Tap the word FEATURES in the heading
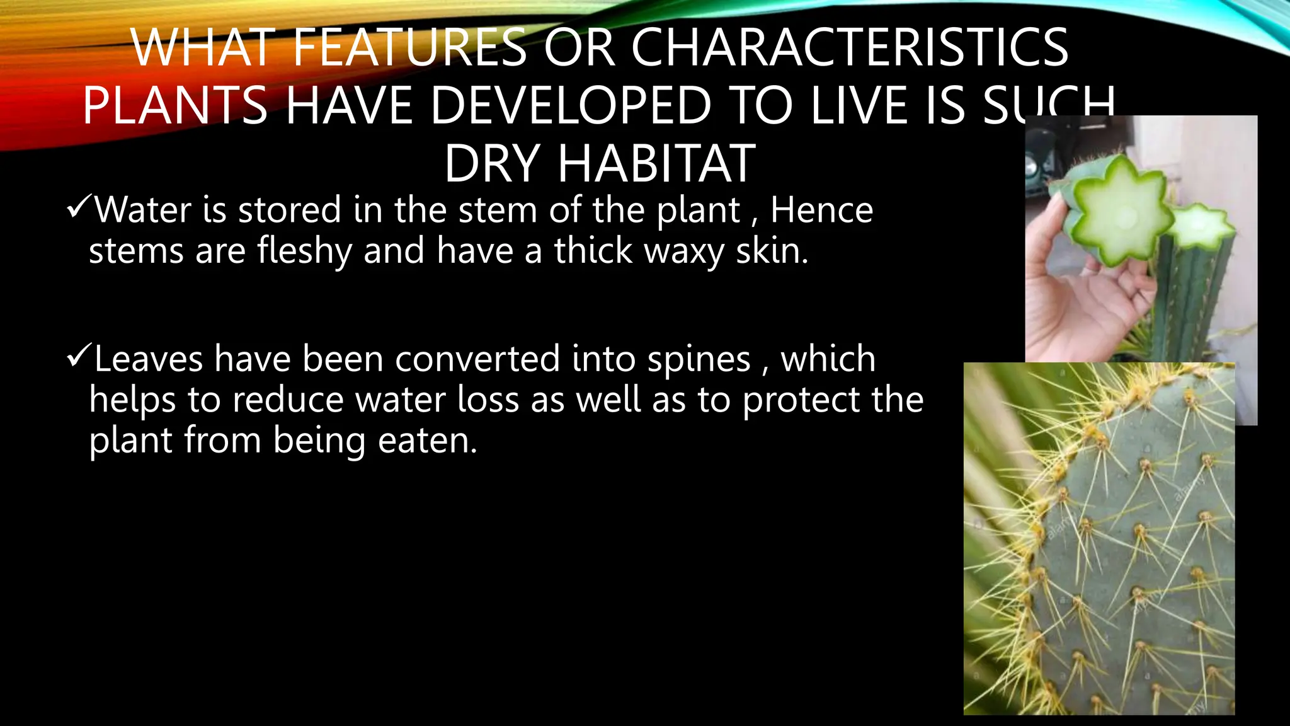coord(409,48)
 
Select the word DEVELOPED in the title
coord(571,105)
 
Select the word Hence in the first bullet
coord(821,210)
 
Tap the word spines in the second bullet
coord(699,359)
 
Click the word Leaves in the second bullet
coord(149,359)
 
